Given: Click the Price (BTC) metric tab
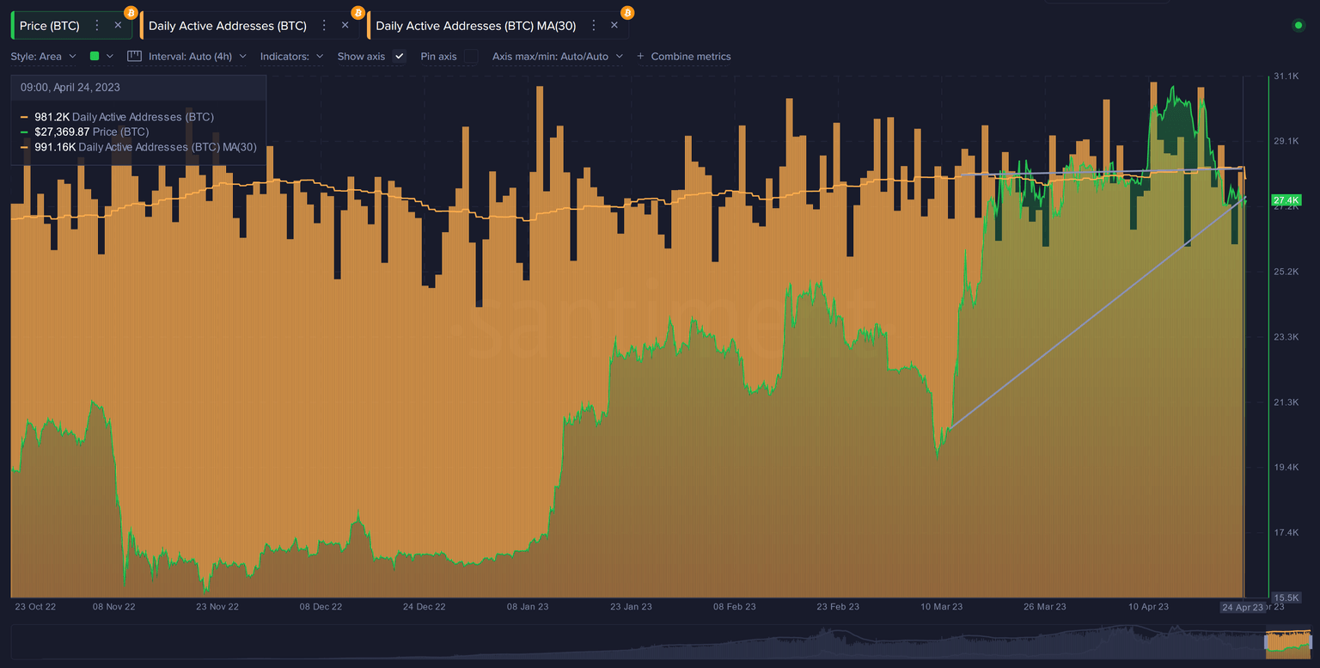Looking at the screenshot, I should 50,26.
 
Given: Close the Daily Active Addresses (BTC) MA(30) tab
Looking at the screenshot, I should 614,26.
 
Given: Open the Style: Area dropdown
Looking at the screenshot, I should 43,56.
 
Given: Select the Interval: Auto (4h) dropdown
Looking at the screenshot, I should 197,56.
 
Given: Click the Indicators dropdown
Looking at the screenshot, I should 291,56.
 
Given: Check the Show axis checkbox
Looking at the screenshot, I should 399,56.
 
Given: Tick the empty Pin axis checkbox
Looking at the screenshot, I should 471,56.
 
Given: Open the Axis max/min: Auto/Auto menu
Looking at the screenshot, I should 557,56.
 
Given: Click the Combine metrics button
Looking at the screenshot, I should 684,56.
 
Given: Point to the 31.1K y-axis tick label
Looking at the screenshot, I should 1286,77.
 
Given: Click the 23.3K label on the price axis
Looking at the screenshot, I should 1286,337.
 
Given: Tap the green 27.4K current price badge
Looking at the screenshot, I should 1286,200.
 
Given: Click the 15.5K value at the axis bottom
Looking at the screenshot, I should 1286,598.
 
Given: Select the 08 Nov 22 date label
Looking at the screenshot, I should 114,607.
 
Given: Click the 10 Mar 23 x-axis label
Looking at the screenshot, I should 942,607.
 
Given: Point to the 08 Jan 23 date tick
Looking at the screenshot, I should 528,607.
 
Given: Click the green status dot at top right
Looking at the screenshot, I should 1298,26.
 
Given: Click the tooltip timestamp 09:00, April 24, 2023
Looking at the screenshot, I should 70,88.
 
